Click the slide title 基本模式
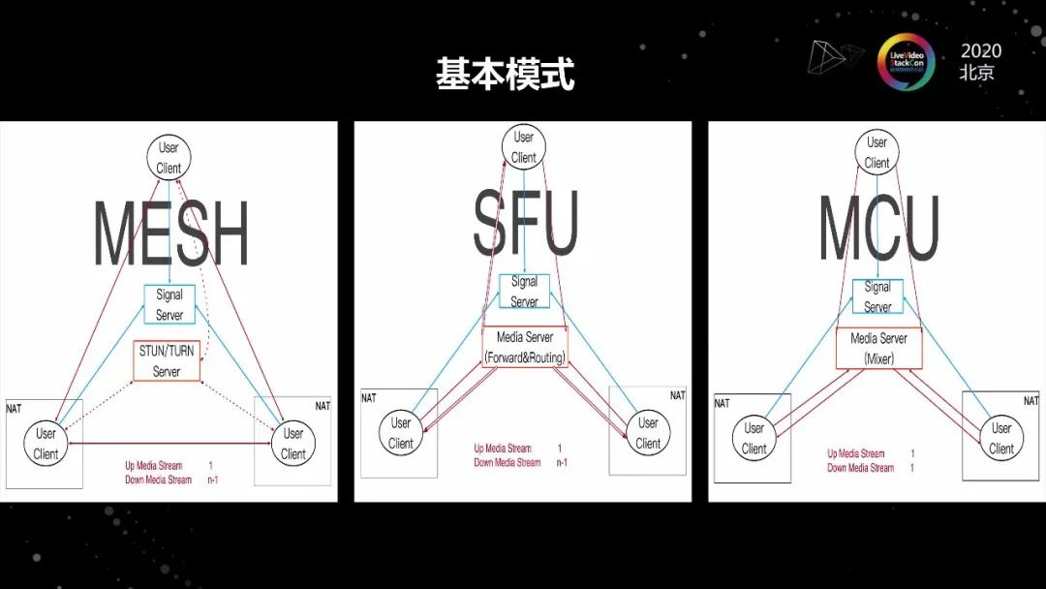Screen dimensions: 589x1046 tap(505, 74)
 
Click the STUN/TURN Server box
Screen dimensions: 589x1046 tap(167, 360)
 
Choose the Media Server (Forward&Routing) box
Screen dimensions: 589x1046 tap(525, 348)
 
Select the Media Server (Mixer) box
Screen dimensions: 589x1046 tap(878, 348)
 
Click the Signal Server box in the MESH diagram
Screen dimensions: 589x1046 tap(169, 304)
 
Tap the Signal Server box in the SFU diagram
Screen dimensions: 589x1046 tap(524, 292)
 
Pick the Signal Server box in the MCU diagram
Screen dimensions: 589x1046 tap(877, 296)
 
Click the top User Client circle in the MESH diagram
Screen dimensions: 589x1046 tap(169, 157)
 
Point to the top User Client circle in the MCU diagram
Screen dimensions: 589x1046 tap(877, 153)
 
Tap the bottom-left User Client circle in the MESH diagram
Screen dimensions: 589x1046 tap(46, 443)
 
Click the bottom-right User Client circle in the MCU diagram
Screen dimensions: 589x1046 tap(1001, 438)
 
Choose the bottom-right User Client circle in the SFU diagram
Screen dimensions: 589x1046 tap(648, 433)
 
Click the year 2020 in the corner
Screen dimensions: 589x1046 tap(981, 50)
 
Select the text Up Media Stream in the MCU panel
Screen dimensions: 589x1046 tap(855, 453)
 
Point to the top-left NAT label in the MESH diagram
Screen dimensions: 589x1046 tap(14, 409)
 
